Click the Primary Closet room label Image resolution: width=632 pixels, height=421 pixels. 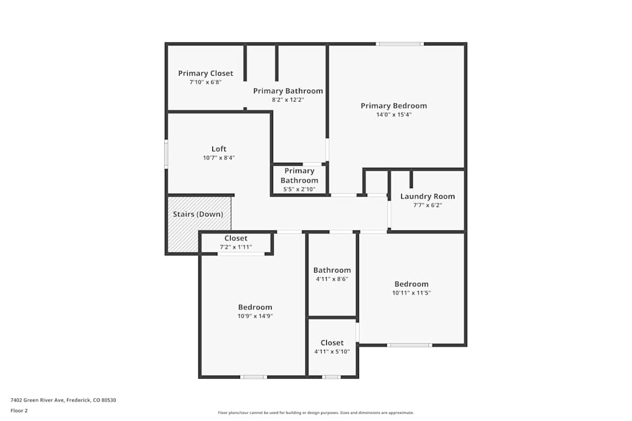click(x=205, y=73)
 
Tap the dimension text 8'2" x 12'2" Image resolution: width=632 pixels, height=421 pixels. click(x=288, y=100)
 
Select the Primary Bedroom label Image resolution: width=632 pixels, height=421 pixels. click(x=394, y=105)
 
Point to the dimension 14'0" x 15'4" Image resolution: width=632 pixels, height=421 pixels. click(x=394, y=115)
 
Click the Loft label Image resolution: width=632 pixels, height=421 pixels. click(x=219, y=149)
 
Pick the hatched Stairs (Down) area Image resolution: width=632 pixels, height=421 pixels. click(x=198, y=234)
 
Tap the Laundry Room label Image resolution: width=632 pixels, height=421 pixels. click(x=427, y=196)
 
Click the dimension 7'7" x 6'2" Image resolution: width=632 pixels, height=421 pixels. click(x=427, y=205)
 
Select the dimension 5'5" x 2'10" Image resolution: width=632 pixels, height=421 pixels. click(x=299, y=189)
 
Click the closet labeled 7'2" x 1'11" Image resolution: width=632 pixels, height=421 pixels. click(x=236, y=242)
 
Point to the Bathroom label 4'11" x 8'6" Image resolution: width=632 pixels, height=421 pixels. click(x=332, y=270)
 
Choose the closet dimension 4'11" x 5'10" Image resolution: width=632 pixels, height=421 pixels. click(x=332, y=352)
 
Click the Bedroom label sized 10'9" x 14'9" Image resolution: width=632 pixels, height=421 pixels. click(x=255, y=307)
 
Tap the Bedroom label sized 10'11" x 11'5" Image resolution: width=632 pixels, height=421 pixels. click(x=411, y=284)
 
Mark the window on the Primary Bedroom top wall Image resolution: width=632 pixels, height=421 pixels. click(x=399, y=44)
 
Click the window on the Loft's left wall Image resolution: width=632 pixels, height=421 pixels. click(x=166, y=154)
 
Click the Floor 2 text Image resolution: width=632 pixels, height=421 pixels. click(x=19, y=410)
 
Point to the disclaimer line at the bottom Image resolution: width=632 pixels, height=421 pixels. click(x=315, y=413)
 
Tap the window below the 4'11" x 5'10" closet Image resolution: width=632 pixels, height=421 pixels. click(x=331, y=377)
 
